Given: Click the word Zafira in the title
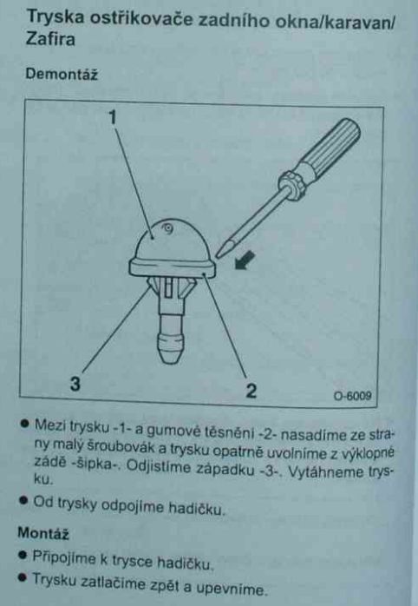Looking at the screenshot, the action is (50, 40).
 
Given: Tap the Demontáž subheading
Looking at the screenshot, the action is (62, 74).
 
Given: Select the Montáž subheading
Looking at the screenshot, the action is (43, 533).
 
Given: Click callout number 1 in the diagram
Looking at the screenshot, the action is (113, 117).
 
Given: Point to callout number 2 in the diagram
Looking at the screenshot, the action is (251, 391).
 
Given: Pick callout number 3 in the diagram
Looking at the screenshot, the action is (75, 384).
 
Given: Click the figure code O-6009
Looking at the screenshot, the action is (352, 395).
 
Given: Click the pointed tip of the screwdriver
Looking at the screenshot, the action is (218, 255).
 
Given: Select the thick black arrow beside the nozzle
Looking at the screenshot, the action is (245, 260).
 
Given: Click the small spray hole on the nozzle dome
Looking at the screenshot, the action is (168, 229).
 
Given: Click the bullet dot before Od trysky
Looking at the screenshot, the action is (24, 501).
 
